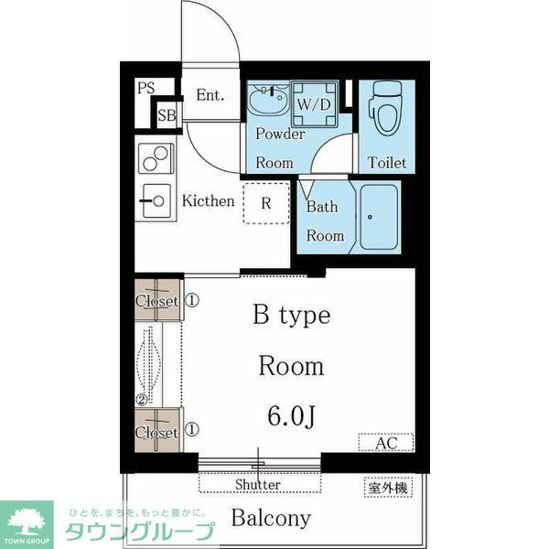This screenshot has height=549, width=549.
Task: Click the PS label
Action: click(x=145, y=89)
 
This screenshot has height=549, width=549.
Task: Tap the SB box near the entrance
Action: click(x=167, y=115)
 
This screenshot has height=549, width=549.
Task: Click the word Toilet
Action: click(x=387, y=163)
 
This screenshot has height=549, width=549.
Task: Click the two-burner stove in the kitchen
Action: click(x=155, y=160)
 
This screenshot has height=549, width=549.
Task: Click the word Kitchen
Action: click(x=208, y=200)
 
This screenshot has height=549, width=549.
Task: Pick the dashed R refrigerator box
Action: click(x=265, y=203)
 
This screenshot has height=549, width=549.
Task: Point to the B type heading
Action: click(x=291, y=316)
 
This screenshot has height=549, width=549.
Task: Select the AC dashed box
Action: click(x=385, y=443)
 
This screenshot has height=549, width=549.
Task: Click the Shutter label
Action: click(x=258, y=484)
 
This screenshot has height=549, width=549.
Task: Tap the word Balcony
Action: click(x=270, y=518)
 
